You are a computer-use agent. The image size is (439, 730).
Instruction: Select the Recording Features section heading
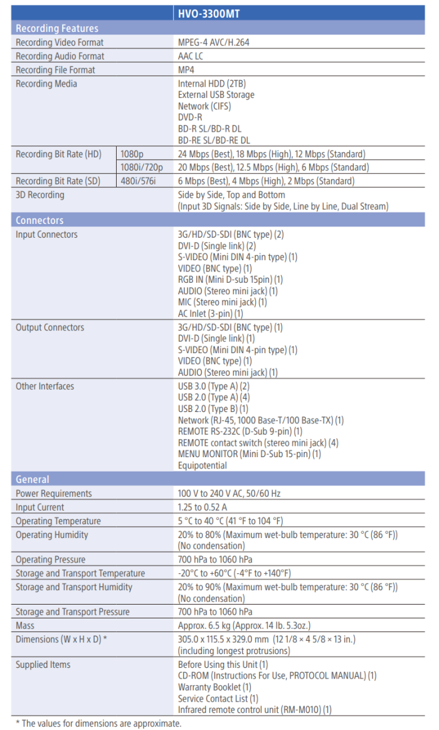point(57,28)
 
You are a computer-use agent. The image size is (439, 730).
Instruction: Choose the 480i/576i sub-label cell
point(139,181)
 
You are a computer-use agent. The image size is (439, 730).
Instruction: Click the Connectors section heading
point(40,220)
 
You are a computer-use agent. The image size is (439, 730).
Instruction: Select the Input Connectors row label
point(46,235)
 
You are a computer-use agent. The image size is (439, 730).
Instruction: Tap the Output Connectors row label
point(50,327)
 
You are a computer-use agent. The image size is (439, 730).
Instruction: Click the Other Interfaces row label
point(45,386)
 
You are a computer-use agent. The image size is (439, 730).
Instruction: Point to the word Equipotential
point(203,465)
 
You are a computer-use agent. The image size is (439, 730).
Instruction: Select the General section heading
point(33,479)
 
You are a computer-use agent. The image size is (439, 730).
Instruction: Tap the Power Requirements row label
point(53,494)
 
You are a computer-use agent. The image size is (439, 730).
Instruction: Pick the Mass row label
point(25,626)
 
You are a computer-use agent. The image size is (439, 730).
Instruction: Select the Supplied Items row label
point(43,665)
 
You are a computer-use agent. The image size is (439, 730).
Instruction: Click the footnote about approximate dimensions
point(98,724)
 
